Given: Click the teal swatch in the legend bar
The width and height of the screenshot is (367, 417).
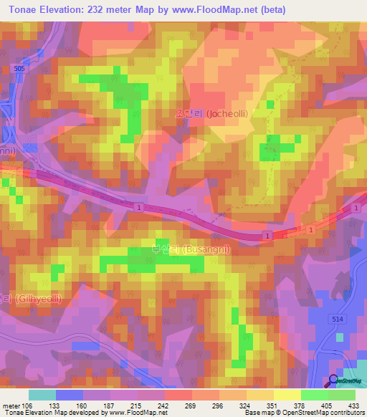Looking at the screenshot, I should pos(42,395).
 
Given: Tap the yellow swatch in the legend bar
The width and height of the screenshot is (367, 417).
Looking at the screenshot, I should pos(287,395).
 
